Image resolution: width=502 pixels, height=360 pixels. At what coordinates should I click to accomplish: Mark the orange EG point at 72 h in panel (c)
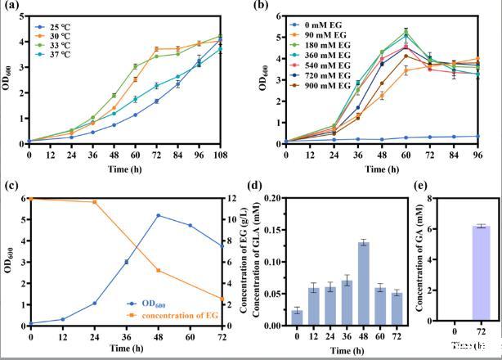(x=220, y=299)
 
